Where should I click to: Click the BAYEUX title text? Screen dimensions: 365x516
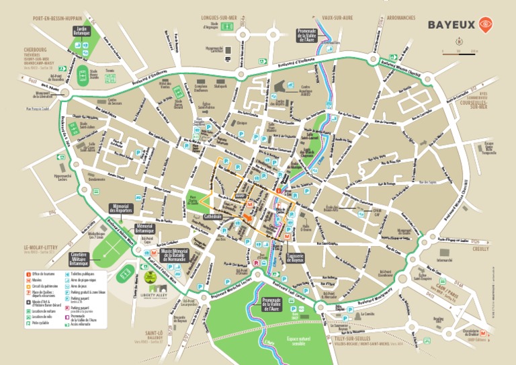[x=451, y=25]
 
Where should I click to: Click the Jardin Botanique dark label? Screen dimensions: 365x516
[x=83, y=31]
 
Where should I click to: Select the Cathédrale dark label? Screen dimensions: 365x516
[x=213, y=216]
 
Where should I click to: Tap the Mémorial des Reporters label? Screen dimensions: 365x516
[x=121, y=209]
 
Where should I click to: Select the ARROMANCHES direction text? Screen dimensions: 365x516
[x=402, y=18]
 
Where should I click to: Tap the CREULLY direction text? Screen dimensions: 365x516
[x=480, y=248]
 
